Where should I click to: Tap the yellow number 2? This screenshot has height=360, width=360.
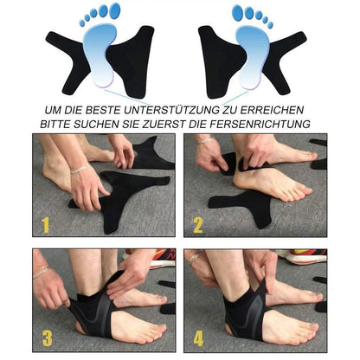pyautogui.click(x=197, y=226)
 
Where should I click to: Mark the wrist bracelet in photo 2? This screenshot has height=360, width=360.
pyautogui.click(x=204, y=140)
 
